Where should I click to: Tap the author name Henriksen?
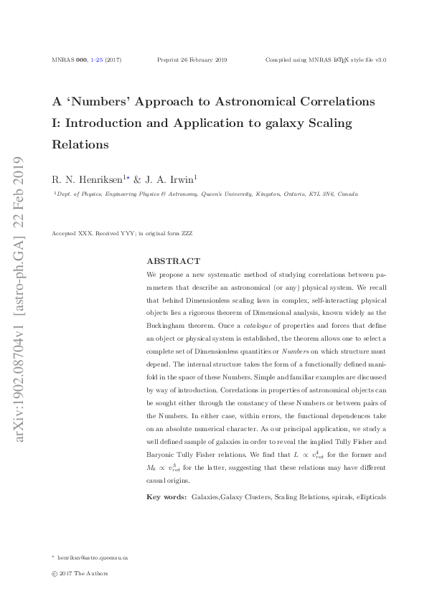97,179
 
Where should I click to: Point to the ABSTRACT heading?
173,261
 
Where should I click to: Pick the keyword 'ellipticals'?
370,496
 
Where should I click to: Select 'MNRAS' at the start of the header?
62,60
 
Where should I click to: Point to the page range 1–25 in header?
96,60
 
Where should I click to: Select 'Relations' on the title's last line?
80,144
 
